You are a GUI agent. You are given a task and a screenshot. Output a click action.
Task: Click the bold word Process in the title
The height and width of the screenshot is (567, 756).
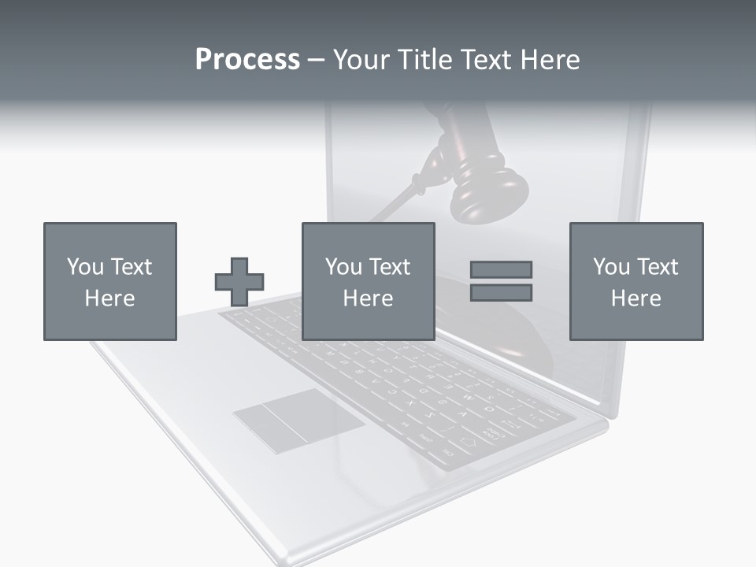247,60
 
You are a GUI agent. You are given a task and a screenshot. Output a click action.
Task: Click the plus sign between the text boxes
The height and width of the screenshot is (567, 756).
239,282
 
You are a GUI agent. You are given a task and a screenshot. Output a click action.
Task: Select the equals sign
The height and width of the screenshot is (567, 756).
501,281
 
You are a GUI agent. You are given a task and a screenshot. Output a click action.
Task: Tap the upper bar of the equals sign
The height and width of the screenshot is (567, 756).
501,269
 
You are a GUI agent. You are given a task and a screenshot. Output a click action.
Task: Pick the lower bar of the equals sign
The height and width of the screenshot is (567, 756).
501,293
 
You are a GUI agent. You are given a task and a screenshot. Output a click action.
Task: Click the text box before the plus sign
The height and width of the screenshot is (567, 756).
109,281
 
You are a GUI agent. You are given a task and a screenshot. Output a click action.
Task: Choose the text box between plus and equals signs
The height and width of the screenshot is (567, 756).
368,281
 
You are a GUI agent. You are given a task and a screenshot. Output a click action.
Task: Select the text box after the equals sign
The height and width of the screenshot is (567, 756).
636,281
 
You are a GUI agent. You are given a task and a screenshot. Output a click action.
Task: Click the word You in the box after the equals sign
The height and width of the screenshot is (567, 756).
611,267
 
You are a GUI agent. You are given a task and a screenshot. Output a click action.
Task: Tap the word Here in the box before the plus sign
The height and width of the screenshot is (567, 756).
109,298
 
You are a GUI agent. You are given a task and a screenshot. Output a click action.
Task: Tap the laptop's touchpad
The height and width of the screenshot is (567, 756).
298,421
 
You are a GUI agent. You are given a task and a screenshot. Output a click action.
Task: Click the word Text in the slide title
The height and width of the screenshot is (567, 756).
481,60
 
